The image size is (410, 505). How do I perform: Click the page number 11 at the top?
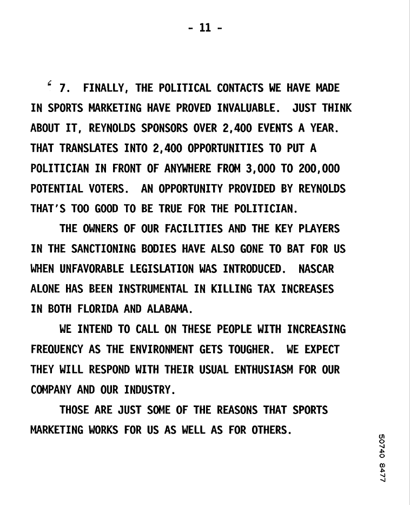(205, 28)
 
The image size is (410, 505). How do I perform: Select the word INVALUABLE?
(248, 108)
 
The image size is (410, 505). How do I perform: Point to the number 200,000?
(319, 169)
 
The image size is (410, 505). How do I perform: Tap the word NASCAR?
(323, 268)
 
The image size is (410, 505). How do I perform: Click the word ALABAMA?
(169, 309)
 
